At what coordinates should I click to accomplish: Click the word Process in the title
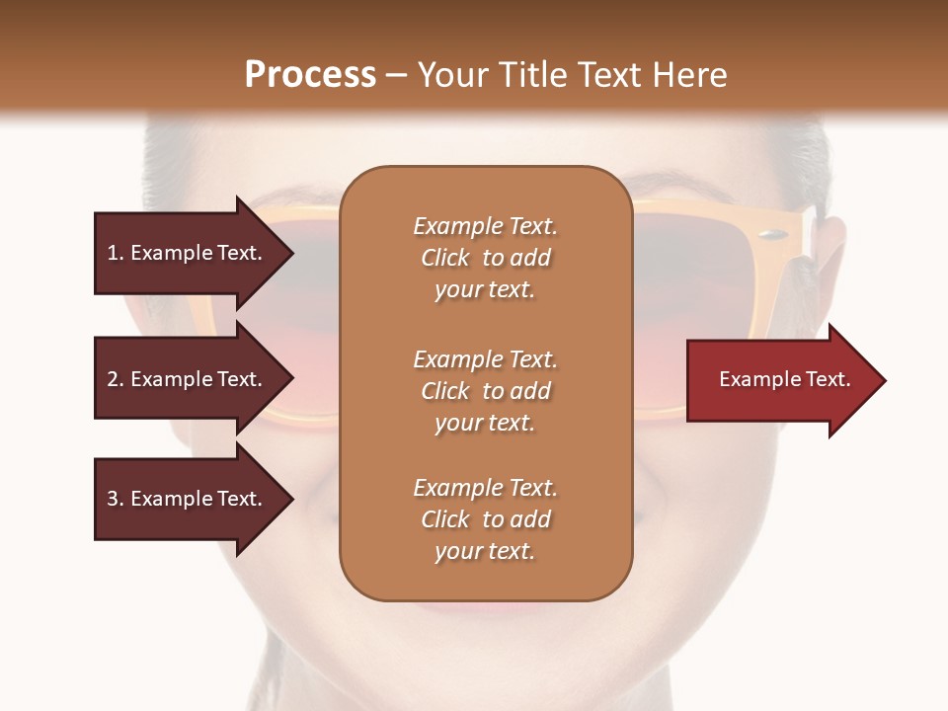[310, 75]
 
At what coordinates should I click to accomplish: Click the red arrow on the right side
[780, 380]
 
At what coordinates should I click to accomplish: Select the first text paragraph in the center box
[485, 258]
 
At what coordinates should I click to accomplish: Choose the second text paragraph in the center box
[485, 391]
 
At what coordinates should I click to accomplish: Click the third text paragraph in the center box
[485, 519]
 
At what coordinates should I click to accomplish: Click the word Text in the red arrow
[827, 379]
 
